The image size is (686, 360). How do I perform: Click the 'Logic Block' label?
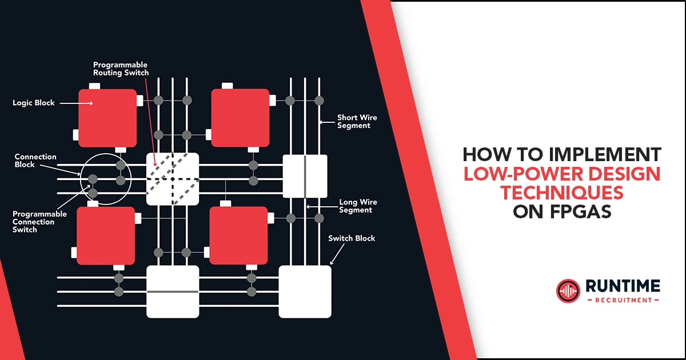(34, 103)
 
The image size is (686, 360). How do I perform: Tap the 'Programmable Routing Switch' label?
(121, 69)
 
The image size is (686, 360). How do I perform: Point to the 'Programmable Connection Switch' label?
(39, 222)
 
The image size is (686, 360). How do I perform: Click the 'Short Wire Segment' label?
(357, 122)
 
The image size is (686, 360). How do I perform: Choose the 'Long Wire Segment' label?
(358, 206)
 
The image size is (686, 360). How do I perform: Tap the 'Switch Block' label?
(352, 238)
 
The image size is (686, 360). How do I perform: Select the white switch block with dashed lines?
(173, 179)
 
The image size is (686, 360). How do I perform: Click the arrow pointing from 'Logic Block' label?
(76, 103)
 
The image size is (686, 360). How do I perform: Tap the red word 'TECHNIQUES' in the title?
(562, 193)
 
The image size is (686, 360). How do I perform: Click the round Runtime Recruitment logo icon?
(568, 291)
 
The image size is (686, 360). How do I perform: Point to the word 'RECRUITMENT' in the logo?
(622, 300)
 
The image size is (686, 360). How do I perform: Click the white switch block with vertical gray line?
(305, 177)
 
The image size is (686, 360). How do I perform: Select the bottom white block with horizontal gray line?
(173, 291)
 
